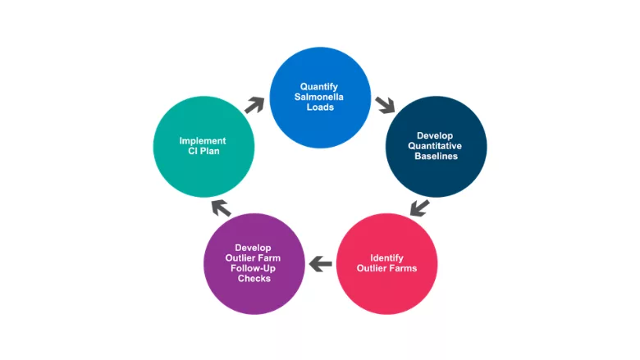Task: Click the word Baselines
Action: [435, 157]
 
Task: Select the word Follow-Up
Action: [253, 268]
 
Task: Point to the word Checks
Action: [253, 279]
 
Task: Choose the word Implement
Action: [203, 141]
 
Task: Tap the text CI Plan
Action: [203, 152]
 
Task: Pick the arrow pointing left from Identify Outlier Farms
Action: [321, 264]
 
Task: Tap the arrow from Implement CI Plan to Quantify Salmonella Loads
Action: [254, 105]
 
